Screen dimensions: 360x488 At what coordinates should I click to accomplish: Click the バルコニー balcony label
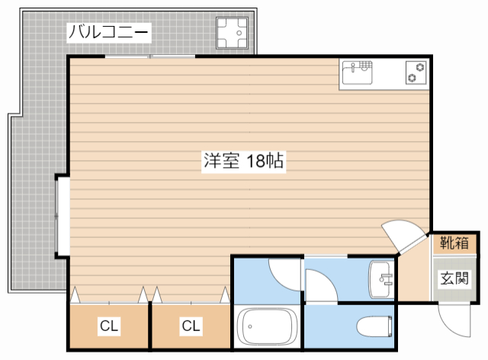point(109,32)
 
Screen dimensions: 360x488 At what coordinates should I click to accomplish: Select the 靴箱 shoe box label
point(454,244)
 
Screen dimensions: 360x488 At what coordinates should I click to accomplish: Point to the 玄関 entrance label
point(454,278)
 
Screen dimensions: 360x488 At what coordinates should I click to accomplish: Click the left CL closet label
point(109,326)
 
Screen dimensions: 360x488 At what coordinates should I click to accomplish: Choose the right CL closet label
point(191,326)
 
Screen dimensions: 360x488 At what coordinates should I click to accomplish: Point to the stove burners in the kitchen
point(416,73)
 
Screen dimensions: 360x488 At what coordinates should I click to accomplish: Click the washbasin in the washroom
point(380,279)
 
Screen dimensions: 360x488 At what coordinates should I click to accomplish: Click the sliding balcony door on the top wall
point(149,57)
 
